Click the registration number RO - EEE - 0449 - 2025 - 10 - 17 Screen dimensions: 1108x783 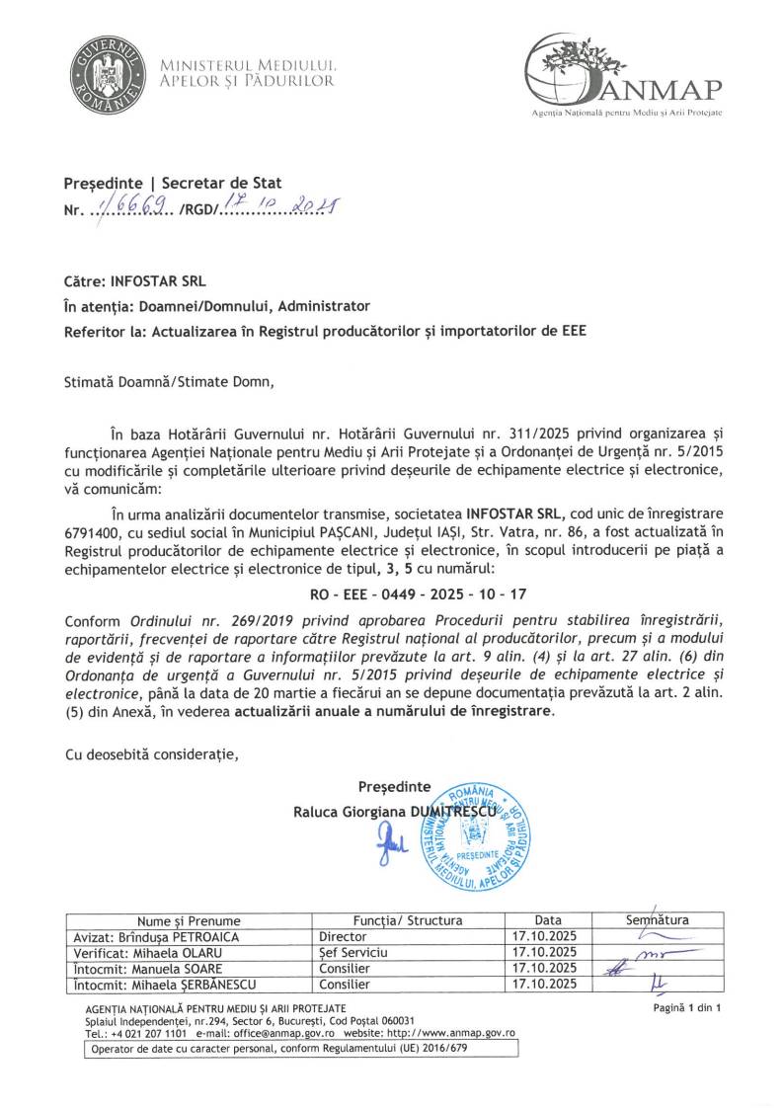pos(391,597)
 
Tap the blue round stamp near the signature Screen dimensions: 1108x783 pos(472,837)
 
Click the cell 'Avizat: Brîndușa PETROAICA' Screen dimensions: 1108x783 pos(157,936)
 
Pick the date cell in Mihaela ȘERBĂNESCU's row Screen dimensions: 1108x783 pos(545,985)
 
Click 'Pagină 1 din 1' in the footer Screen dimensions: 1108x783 pos(688,1008)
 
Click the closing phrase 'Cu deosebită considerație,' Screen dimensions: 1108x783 pos(151,755)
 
